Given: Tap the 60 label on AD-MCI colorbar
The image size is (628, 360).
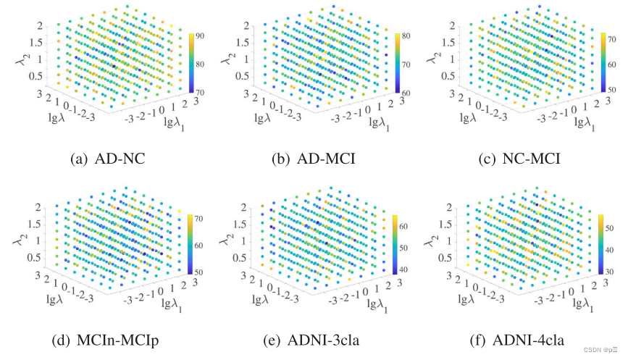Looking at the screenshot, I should pyautogui.click(x=406, y=93).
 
